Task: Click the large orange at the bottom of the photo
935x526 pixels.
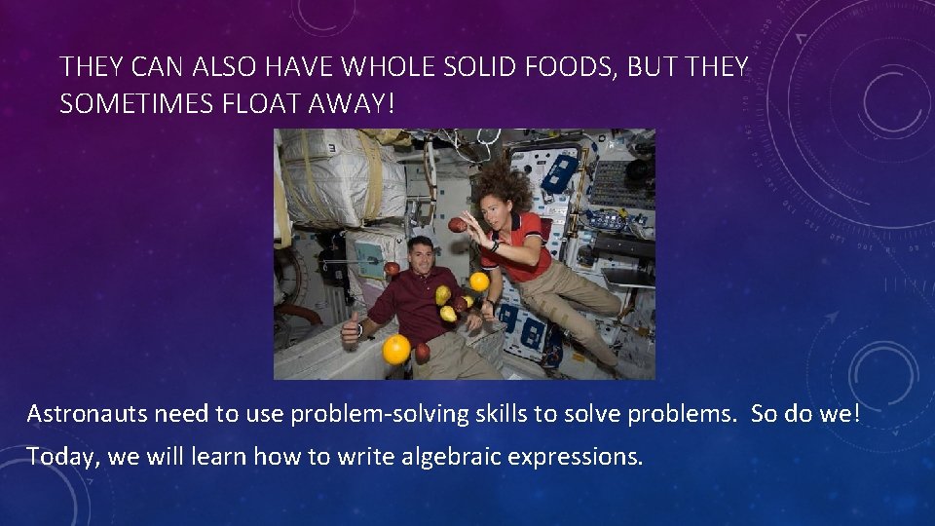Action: [x=395, y=349]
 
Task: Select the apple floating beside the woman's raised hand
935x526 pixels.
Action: [x=457, y=225]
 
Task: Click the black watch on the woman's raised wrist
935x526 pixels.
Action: [x=495, y=246]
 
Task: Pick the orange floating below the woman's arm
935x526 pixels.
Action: [x=479, y=282]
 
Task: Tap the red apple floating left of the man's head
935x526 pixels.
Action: [x=392, y=268]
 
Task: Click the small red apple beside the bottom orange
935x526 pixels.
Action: [x=423, y=353]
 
